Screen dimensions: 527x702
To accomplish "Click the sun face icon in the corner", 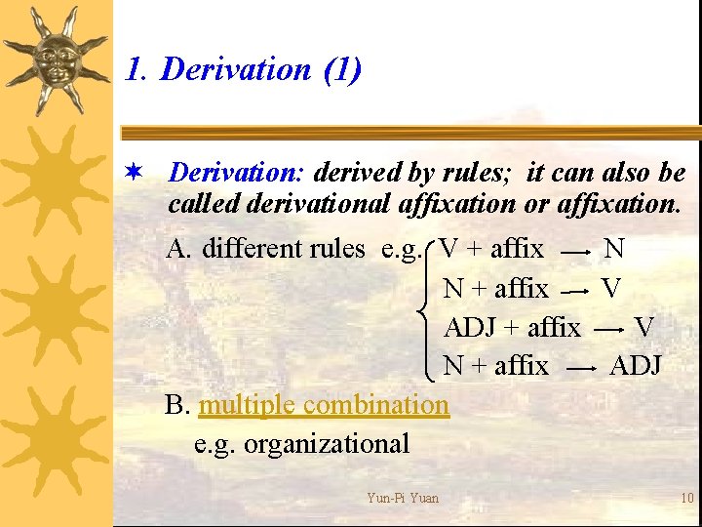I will click(57, 61).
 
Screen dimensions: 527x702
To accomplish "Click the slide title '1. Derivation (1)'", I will click(244, 69).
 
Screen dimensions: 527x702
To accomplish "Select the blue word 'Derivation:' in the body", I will click(238, 173).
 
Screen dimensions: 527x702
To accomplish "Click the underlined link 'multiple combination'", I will click(324, 404).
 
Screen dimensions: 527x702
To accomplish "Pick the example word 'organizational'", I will click(326, 443).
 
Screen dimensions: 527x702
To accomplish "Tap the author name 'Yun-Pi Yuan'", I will click(403, 498).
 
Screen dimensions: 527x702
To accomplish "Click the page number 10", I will click(686, 498).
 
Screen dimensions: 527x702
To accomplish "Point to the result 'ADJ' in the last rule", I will click(636, 366).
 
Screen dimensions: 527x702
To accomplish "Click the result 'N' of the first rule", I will click(614, 249).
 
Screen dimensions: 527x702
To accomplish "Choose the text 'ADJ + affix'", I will click(512, 327).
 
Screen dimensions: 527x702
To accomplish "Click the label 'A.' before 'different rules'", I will click(179, 249).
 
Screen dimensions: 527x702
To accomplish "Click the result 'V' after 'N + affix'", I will click(611, 288).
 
